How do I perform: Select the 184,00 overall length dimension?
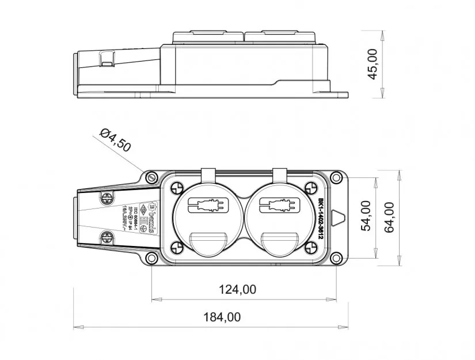click(222, 317)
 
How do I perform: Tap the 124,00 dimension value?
click(238, 289)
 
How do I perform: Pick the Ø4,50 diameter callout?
click(115, 141)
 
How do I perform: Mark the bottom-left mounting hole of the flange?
click(151, 257)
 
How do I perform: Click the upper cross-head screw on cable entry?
click(108, 198)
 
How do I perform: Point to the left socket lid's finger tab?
click(208, 244)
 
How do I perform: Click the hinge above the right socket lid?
click(280, 175)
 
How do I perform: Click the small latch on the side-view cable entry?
click(107, 58)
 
